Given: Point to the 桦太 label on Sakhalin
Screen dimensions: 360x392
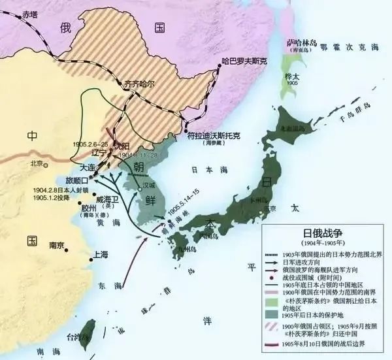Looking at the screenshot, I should click(x=291, y=76).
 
